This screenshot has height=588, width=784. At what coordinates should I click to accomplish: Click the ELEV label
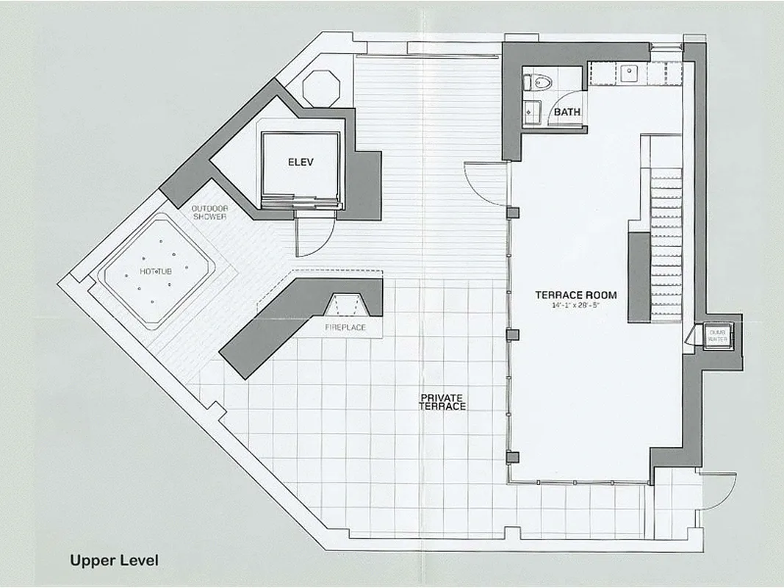tap(301, 162)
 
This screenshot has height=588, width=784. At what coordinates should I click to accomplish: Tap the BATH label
tap(567, 112)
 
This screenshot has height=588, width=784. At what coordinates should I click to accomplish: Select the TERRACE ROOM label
tap(575, 295)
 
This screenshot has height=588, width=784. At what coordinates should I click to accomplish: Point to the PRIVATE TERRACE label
tap(442, 402)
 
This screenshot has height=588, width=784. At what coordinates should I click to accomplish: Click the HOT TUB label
tap(156, 272)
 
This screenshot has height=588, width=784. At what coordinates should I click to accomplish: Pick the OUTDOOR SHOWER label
tap(209, 212)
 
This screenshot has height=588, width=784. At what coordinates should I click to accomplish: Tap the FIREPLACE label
tap(345, 327)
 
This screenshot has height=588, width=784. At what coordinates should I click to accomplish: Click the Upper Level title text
tap(114, 560)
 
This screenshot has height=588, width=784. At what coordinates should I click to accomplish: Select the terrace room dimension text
tap(575, 306)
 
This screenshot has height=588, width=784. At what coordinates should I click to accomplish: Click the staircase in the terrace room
tap(666, 243)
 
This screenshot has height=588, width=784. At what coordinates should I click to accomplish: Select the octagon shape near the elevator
tap(321, 89)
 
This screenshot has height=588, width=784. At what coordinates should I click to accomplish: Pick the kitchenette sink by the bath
tap(630, 73)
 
